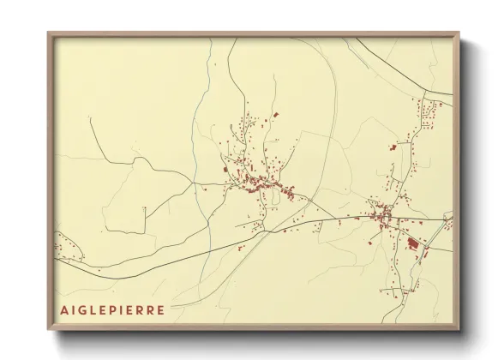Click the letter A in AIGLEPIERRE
tap(64, 309)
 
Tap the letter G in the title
tap(86, 309)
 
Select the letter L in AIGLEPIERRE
tap(98, 309)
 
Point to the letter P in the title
tap(120, 309)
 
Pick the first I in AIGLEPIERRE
tap(75, 309)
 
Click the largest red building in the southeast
tap(411, 243)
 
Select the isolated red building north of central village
tap(276, 113)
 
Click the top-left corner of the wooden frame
tap(48, 33)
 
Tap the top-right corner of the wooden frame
tap(459, 33)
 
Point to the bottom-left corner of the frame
tap(48, 330)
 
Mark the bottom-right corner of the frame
tap(459, 330)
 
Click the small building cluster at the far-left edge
tap(60, 249)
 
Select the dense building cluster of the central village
tap(257, 182)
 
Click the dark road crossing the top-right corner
tap(403, 64)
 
